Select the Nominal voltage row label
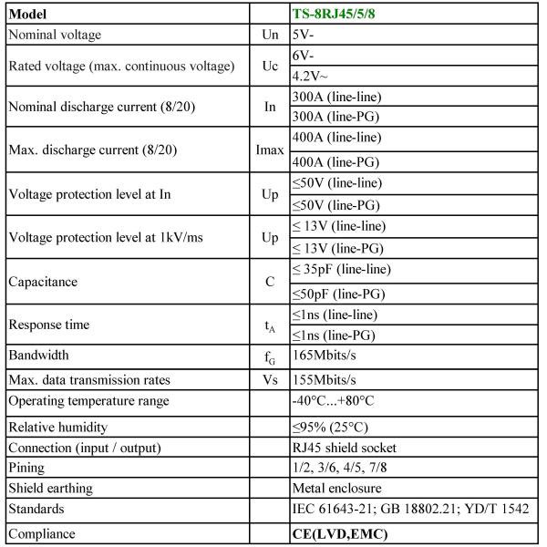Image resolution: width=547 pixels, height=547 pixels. [55, 35]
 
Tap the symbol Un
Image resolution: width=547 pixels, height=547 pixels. [270, 35]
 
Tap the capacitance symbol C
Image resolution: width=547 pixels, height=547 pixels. [270, 283]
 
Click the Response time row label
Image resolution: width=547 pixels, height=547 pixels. [49, 325]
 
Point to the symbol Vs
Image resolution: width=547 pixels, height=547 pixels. [270, 378]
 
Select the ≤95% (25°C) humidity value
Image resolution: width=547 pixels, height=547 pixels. [333, 427]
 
